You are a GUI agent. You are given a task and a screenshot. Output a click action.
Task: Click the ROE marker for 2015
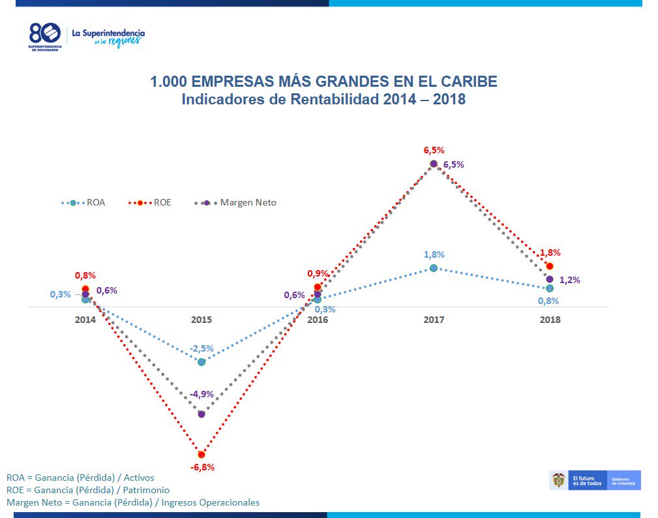tap(201, 454)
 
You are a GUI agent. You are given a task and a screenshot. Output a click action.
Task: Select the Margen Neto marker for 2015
tap(201, 414)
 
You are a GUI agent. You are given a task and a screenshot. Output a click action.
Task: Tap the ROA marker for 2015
tap(202, 361)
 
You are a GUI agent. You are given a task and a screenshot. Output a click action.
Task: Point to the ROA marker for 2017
tap(434, 268)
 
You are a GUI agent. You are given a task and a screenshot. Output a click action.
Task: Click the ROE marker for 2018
tap(550, 266)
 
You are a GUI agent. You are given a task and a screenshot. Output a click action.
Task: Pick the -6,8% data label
tap(202, 467)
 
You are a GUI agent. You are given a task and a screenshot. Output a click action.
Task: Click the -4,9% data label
tap(202, 394)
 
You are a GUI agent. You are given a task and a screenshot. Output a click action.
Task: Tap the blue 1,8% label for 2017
tap(434, 254)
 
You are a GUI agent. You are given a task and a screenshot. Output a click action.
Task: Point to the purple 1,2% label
tap(569, 280)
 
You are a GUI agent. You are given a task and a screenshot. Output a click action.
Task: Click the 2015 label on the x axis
tap(201, 320)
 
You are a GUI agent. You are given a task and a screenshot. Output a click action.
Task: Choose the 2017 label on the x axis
tap(434, 320)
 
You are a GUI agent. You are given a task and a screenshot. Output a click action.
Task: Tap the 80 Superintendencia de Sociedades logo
tap(45, 38)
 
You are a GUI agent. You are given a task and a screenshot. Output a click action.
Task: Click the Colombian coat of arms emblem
tap(559, 481)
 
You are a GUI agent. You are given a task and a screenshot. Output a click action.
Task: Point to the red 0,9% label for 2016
tap(318, 273)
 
